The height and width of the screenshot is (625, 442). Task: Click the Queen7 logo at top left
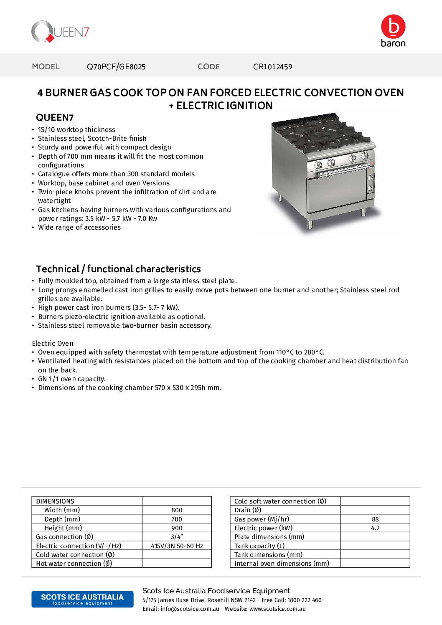coord(60,32)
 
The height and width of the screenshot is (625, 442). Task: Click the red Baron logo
coord(393,30)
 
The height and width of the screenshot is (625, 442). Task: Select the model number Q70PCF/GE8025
coord(116,67)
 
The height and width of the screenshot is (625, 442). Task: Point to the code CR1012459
coord(272,67)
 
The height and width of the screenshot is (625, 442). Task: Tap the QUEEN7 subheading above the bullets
coord(55,117)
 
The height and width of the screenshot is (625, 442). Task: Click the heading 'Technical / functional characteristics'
coord(118,269)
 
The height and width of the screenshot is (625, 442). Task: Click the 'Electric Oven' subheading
coord(53,343)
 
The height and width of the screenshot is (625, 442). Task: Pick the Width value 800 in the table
coord(177,510)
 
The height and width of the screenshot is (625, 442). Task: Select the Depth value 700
coord(177,519)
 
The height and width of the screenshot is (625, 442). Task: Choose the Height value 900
coord(177,528)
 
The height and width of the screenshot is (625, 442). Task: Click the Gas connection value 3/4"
coord(177,537)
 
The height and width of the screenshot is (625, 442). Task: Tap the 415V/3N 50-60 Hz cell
coord(177,546)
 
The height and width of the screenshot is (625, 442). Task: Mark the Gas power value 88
coord(375,519)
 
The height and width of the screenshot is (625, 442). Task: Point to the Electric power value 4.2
coord(375,528)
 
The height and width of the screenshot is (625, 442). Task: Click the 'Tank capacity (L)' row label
coord(259,546)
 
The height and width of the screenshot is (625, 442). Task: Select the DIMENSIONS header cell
coord(55,501)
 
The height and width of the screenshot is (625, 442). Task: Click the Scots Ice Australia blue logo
coord(82,599)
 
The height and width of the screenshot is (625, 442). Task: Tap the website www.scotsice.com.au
coord(277,609)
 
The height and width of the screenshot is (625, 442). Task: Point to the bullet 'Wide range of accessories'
coord(79,227)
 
